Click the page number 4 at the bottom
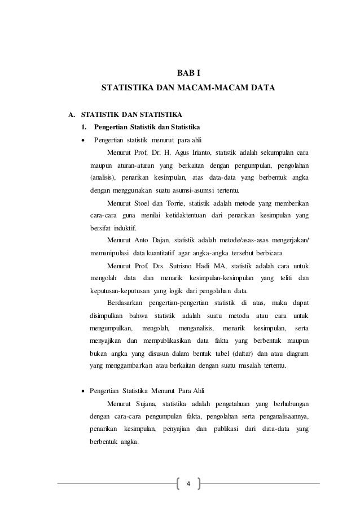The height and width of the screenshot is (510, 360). tap(189, 483)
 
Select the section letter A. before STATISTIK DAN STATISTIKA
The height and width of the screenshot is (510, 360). tap(72, 115)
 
